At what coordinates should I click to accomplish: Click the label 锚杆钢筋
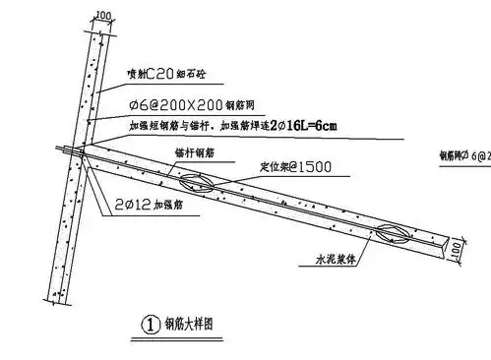click(x=193, y=154)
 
